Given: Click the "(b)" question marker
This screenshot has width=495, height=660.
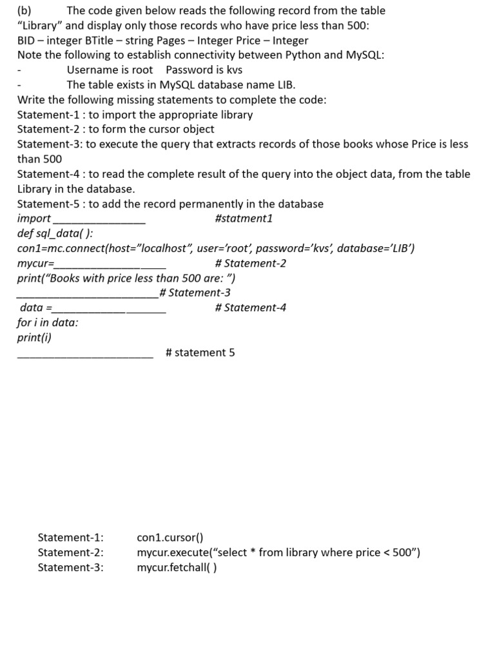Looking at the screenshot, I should (x=24, y=11).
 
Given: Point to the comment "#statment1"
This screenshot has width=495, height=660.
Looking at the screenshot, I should (x=244, y=218).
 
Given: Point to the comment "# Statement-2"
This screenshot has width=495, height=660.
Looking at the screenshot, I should (x=251, y=263).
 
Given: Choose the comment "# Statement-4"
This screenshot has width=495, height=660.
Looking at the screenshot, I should (x=251, y=307).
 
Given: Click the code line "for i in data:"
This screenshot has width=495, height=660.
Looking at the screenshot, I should (x=48, y=322).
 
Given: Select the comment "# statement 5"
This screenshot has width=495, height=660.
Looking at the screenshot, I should (x=200, y=353).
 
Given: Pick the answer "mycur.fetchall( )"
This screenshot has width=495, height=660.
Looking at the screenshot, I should (x=177, y=567).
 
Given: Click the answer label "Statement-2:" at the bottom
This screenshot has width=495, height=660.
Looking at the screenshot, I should (x=70, y=552).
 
